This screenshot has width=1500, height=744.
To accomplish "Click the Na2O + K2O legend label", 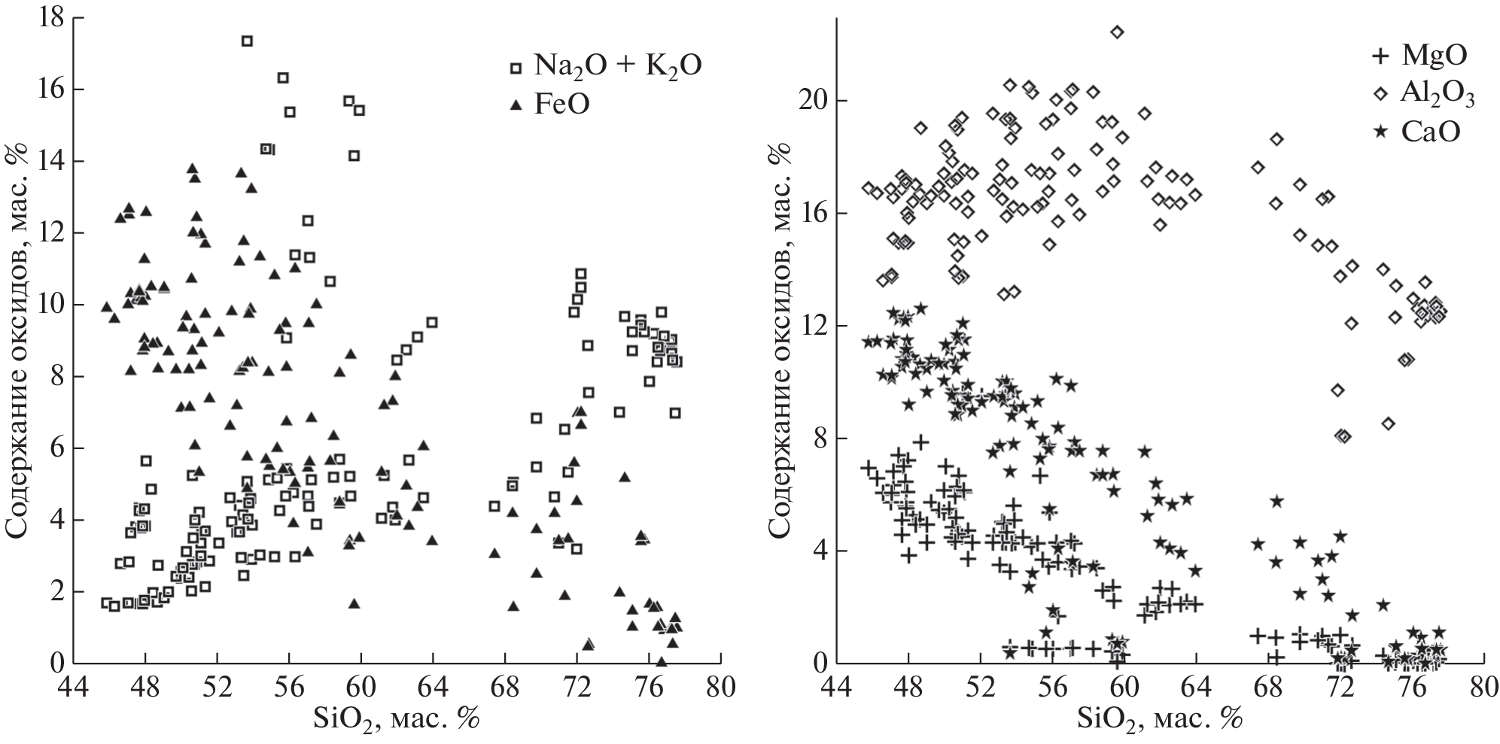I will pyautogui.click(x=617, y=66).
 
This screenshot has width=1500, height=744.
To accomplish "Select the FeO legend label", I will pyautogui.click(x=561, y=105).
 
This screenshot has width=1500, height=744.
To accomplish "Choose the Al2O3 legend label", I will pyautogui.click(x=1437, y=94).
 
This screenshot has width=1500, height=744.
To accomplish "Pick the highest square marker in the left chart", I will pyautogui.click(x=247, y=41).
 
